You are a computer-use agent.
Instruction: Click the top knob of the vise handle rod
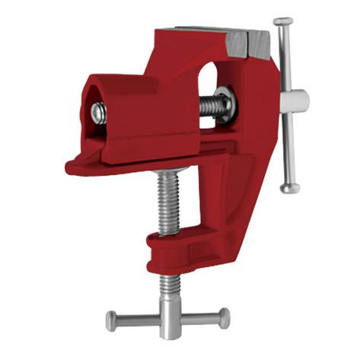[x=283, y=21]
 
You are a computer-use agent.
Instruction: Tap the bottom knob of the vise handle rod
[x=289, y=186]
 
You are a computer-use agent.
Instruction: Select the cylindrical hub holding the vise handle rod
[x=292, y=100]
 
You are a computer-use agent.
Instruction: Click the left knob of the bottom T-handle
[x=112, y=320]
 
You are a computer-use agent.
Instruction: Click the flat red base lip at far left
[x=80, y=164]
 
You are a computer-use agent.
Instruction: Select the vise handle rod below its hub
[x=288, y=148]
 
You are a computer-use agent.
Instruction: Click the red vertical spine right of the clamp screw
[x=228, y=190]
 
